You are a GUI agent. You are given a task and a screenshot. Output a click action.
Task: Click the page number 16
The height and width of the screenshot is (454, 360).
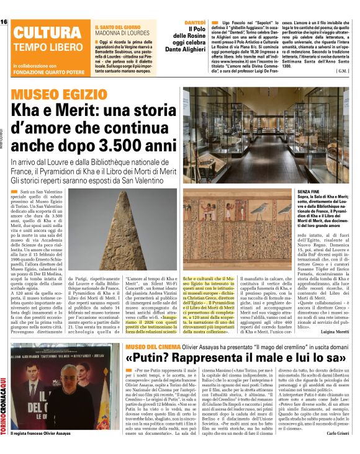tap(4, 22)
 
